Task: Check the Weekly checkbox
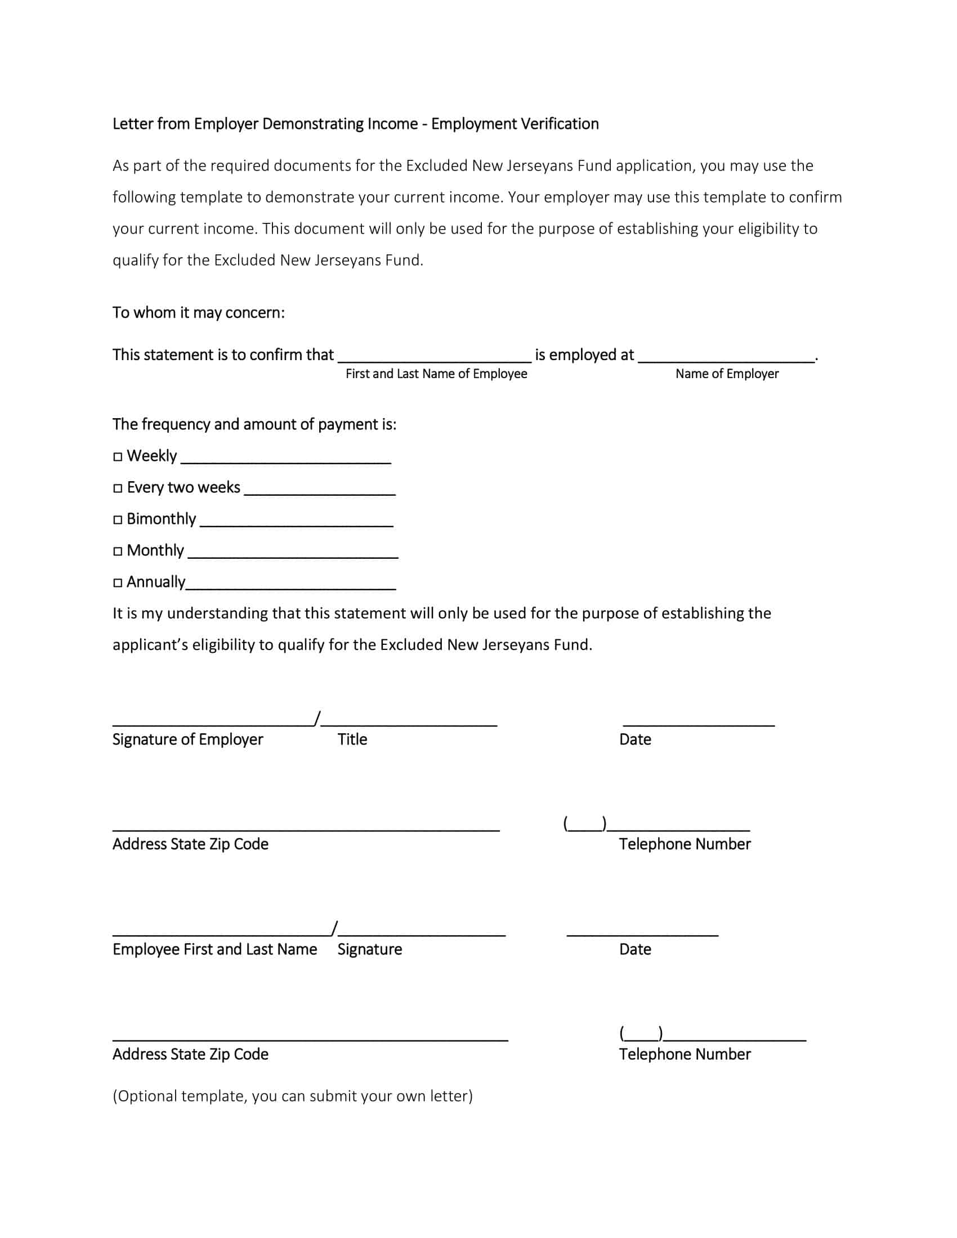click(x=117, y=457)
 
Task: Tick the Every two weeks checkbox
click(x=117, y=488)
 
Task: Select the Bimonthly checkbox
click(x=117, y=520)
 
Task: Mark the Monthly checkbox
click(x=117, y=551)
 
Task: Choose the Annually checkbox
click(x=117, y=583)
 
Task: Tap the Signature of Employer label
click(x=187, y=739)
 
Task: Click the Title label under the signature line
click(x=352, y=739)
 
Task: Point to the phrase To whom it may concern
click(x=198, y=313)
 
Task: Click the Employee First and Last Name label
click(x=214, y=949)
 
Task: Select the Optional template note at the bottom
click(x=293, y=1096)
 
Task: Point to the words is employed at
click(x=584, y=355)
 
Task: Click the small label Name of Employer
click(x=727, y=374)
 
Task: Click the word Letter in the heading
click(x=132, y=124)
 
